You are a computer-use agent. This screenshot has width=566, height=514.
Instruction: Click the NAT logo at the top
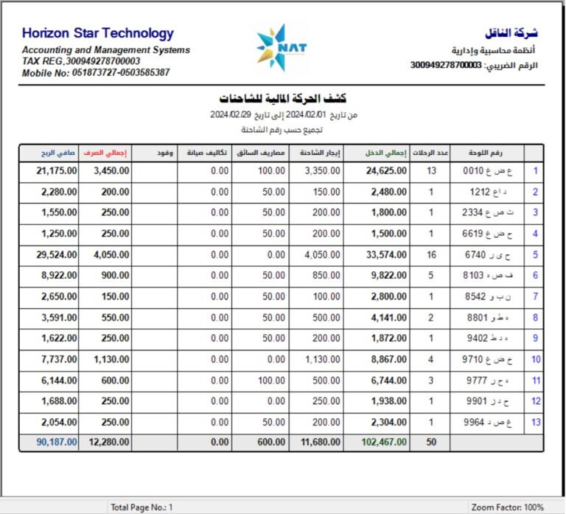point(283,48)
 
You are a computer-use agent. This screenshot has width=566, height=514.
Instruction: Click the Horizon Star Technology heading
point(98,33)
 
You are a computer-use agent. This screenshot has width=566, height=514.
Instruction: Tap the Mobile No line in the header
point(96,73)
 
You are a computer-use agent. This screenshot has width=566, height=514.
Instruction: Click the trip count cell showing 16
point(431,254)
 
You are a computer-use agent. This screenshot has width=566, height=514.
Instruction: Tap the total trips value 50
point(431,442)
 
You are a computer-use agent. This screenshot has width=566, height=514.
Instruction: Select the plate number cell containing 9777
point(486,381)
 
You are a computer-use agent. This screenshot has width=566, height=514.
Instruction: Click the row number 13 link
point(536,423)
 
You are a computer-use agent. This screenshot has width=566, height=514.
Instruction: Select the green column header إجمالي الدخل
point(385,153)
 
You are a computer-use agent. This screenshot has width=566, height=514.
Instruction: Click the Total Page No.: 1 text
point(141,507)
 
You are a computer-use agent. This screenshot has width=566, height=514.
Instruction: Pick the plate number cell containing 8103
point(486,275)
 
